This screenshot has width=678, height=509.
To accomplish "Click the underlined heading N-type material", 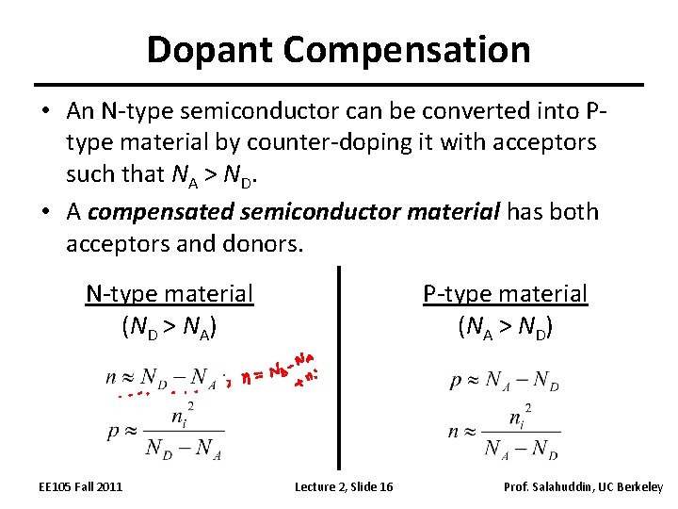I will point(169,294).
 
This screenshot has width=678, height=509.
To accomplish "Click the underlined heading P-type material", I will point(505,294).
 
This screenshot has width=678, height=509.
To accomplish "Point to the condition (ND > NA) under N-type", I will point(169,327).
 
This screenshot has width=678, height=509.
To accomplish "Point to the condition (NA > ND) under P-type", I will point(505,327).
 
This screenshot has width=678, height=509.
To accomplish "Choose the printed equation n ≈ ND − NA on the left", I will point(162,380).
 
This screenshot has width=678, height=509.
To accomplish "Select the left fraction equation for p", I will point(165,433).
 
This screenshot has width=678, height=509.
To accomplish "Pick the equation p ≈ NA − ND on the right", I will point(505,382).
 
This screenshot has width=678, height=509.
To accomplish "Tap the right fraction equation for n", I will point(505,433).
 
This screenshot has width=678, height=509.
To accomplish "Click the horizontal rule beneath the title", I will point(339,85).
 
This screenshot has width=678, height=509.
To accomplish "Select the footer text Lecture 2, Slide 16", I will point(344,486).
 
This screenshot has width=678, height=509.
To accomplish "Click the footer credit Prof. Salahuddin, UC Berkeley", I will point(584,486).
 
